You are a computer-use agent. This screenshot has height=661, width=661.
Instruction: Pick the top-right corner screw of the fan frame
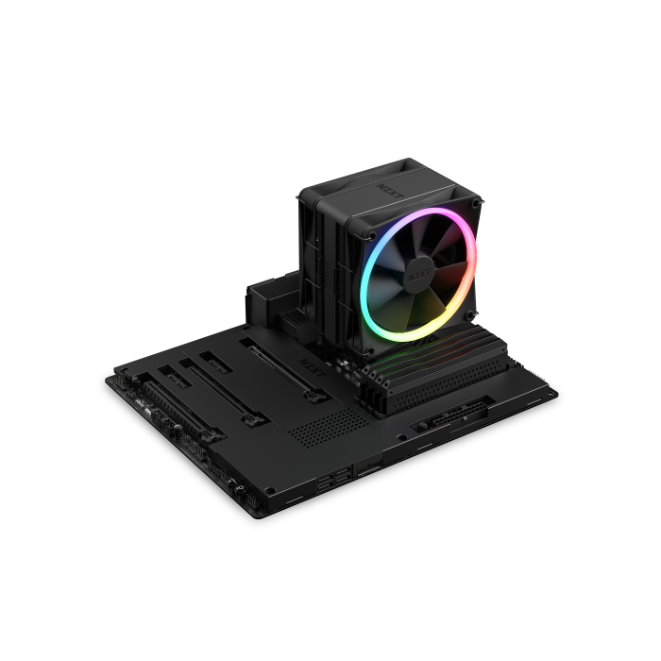point(476,201)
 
